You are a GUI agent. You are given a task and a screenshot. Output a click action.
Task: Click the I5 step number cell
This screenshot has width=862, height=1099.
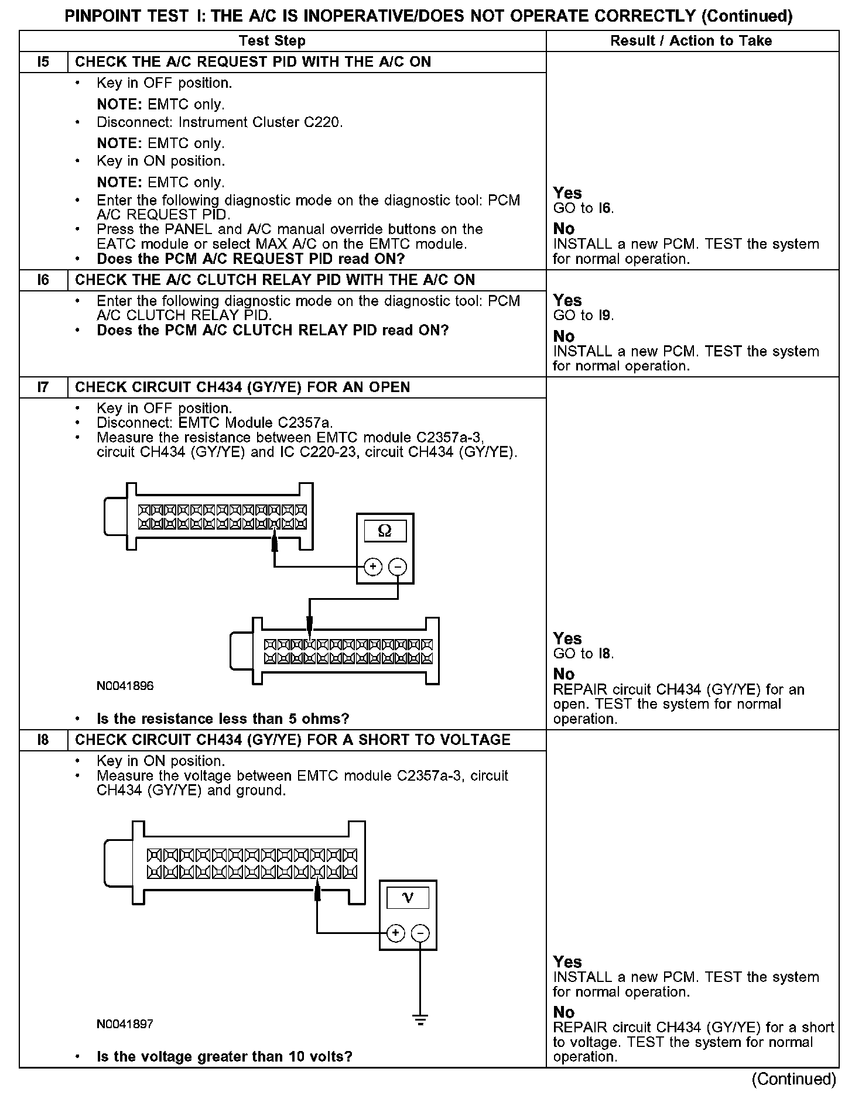pyautogui.click(x=43, y=62)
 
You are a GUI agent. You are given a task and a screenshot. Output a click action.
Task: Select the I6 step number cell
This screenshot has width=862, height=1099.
pyautogui.click(x=43, y=280)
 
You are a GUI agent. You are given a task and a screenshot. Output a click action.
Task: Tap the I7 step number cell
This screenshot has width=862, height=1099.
pyautogui.click(x=43, y=387)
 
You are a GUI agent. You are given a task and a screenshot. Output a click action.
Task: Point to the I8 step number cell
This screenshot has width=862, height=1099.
pyautogui.click(x=43, y=740)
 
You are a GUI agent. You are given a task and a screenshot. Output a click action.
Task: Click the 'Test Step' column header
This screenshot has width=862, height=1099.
pyautogui.click(x=272, y=41)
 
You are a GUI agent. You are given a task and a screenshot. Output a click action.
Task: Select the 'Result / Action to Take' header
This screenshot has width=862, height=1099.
pyautogui.click(x=691, y=41)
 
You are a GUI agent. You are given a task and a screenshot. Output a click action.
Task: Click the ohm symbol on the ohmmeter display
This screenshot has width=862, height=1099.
pyautogui.click(x=385, y=531)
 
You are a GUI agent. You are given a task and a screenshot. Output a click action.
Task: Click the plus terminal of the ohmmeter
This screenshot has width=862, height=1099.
pyautogui.click(x=373, y=566)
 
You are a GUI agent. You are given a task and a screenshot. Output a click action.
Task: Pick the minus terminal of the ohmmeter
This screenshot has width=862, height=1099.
pyautogui.click(x=398, y=566)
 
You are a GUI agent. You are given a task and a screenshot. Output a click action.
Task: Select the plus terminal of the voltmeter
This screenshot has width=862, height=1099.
pyautogui.click(x=396, y=933)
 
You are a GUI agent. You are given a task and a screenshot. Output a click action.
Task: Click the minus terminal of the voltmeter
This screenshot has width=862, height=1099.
pyautogui.click(x=420, y=933)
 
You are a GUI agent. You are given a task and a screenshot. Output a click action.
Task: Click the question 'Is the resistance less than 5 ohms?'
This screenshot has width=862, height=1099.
pyautogui.click(x=223, y=719)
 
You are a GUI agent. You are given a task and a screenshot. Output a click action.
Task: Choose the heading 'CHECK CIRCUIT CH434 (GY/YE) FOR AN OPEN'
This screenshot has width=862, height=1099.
pyautogui.click(x=242, y=387)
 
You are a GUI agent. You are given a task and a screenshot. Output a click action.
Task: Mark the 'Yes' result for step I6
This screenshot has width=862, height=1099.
pyautogui.click(x=567, y=300)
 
